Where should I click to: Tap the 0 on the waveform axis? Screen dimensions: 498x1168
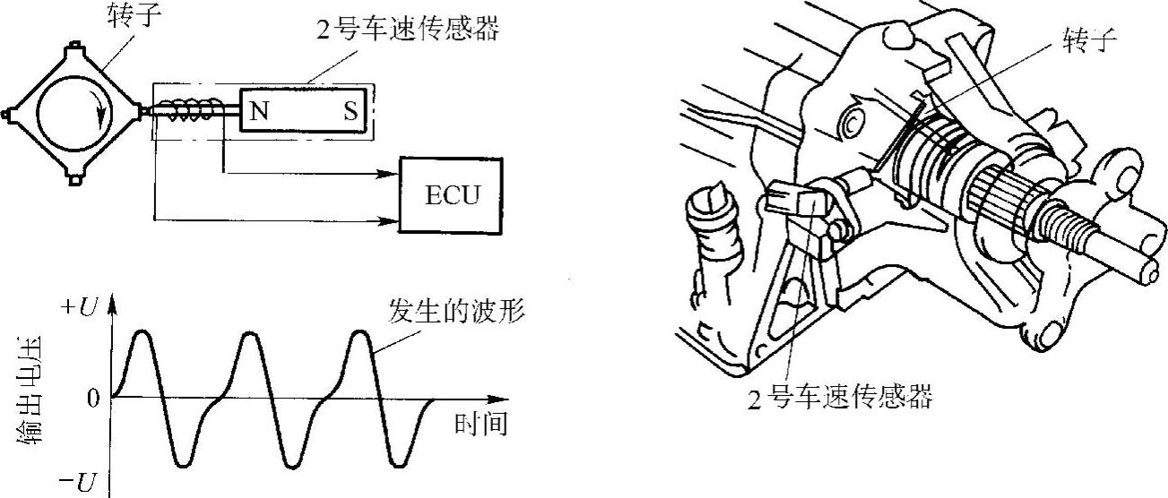click(x=92, y=398)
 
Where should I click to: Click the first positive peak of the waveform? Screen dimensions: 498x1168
click(x=143, y=333)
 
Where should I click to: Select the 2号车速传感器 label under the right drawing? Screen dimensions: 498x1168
click(x=839, y=394)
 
